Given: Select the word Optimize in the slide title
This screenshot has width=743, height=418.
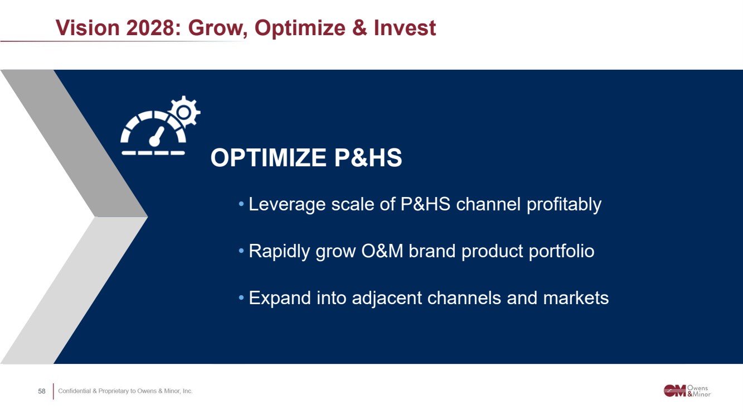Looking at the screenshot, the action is pyautogui.click(x=300, y=29).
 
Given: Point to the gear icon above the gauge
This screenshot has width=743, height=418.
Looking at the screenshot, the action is pyautogui.click(x=184, y=112).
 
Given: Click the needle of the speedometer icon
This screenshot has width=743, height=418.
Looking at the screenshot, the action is pyautogui.click(x=157, y=137).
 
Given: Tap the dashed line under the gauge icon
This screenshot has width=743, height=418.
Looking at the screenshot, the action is pyautogui.click(x=153, y=153).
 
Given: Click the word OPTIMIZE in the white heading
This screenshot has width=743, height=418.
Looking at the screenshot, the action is pyautogui.click(x=269, y=158).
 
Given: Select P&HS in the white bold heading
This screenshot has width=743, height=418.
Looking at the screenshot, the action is pyautogui.click(x=368, y=158).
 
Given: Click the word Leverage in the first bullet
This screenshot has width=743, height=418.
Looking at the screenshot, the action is pyautogui.click(x=287, y=204).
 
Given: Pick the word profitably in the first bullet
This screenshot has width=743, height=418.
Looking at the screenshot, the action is pyautogui.click(x=564, y=204).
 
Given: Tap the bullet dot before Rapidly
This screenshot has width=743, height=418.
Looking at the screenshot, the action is pyautogui.click(x=241, y=251).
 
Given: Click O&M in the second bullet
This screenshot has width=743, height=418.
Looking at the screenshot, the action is pyautogui.click(x=382, y=251).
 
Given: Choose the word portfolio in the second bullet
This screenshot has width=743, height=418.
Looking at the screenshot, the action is pyautogui.click(x=561, y=252).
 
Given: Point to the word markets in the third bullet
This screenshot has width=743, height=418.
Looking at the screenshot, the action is pyautogui.click(x=576, y=298).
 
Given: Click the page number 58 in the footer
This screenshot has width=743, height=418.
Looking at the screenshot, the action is pyautogui.click(x=41, y=391).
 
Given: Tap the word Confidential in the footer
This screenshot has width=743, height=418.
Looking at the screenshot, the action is pyautogui.click(x=74, y=391).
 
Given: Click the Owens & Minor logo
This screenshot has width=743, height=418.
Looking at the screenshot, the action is pyautogui.click(x=687, y=391).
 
